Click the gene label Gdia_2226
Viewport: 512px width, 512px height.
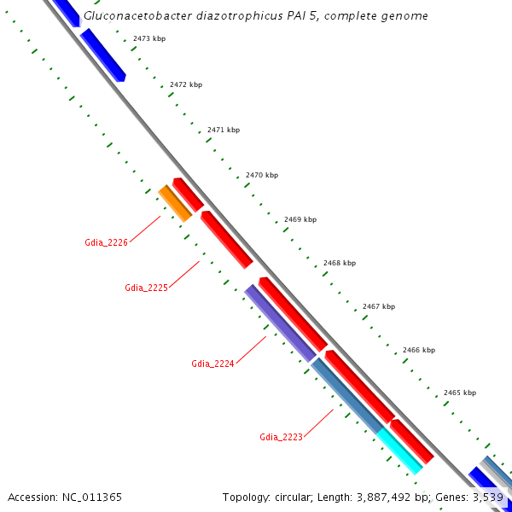(x=106, y=242)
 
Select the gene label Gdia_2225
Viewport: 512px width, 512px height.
(x=146, y=287)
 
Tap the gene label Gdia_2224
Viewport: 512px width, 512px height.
(x=212, y=364)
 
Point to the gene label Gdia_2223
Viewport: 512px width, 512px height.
(x=281, y=437)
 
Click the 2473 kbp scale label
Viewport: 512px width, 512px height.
(x=149, y=39)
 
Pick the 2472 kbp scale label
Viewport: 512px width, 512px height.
(x=186, y=84)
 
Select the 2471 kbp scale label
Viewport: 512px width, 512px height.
(x=224, y=130)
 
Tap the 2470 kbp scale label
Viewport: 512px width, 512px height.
(x=262, y=175)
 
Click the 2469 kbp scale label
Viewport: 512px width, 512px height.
(x=300, y=219)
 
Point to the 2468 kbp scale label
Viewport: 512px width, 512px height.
(x=340, y=263)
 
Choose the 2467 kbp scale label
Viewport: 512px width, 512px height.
(x=379, y=306)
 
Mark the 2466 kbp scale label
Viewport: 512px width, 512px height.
(x=419, y=350)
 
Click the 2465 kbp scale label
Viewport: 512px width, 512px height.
(x=460, y=393)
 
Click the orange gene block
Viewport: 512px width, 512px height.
(x=175, y=203)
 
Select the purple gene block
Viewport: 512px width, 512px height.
(x=280, y=323)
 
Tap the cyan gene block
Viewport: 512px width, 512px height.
(x=399, y=451)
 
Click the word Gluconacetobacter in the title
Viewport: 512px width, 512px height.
(x=137, y=16)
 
